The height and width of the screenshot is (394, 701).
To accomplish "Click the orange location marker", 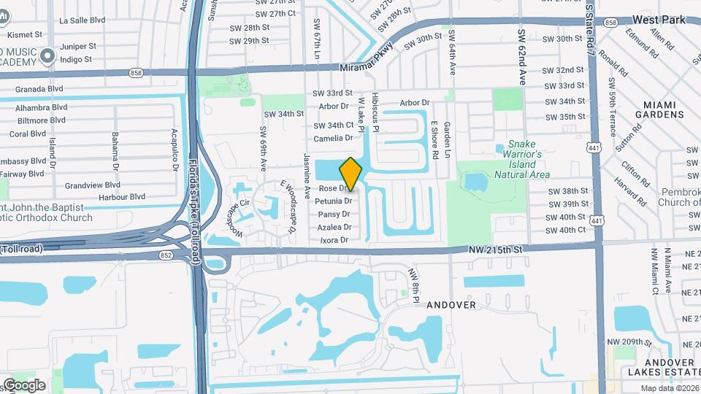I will point(351,174).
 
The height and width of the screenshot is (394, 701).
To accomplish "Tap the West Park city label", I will point(659,20).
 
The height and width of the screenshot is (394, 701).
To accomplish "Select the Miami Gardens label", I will point(659,109).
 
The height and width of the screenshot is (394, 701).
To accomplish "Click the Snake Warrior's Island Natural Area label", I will point(521,160).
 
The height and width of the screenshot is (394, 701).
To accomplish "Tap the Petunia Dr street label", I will point(333,201).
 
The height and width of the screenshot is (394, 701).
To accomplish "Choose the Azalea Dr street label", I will point(333,227).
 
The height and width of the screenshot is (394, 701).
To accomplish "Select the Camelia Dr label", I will point(333,138).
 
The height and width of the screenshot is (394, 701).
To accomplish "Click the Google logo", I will point(23,385).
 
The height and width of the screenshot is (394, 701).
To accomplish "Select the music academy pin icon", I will point(49,55).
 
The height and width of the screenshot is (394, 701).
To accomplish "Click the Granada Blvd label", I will point(35,88).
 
